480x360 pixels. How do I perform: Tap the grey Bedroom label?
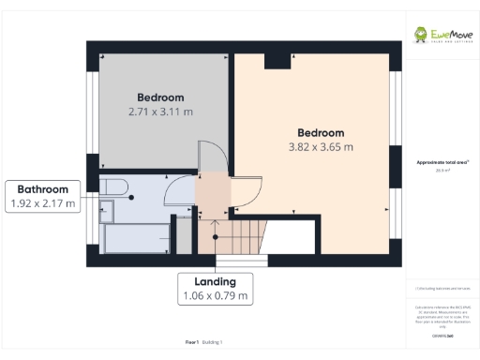pos(160,97)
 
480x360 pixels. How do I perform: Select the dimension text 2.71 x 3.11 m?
pos(160,112)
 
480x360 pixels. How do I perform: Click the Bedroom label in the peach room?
pos(321,133)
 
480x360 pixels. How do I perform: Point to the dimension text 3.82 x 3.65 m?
pos(321,147)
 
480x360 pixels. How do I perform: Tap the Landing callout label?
pos(216,281)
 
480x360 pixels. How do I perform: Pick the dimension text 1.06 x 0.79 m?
pos(216,296)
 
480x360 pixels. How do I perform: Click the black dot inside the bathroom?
pos(132,197)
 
